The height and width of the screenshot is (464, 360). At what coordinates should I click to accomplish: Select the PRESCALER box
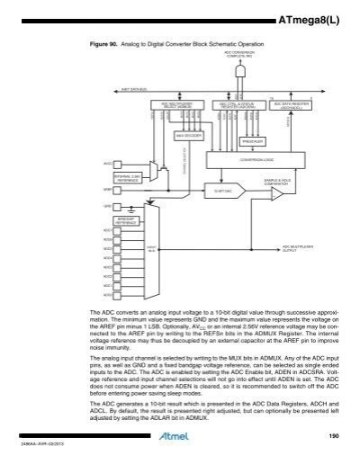(255, 141)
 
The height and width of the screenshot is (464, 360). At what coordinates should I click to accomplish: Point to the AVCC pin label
(107, 165)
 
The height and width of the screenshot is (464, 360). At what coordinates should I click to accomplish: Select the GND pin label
(107, 206)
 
